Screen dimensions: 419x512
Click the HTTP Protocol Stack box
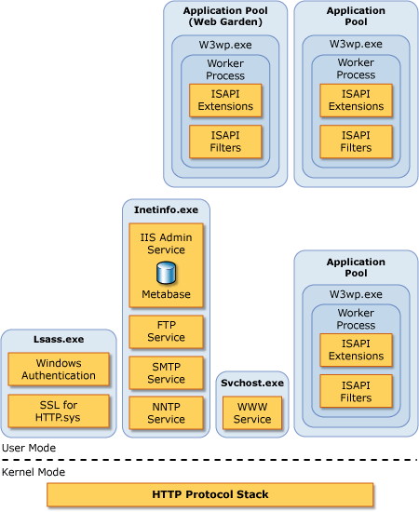click(x=210, y=494)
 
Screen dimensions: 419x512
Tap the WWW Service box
click(x=252, y=412)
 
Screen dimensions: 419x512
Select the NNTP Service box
click(x=166, y=412)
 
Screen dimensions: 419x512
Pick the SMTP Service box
click(x=166, y=373)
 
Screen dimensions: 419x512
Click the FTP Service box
click(x=166, y=331)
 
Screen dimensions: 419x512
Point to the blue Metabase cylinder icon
click(x=167, y=272)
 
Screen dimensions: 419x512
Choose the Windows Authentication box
click(x=59, y=369)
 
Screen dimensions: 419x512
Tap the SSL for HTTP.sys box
click(x=59, y=411)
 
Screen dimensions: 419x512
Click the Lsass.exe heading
click(x=59, y=339)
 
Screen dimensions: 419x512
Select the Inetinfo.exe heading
click(x=166, y=209)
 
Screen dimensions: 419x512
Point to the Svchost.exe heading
click(x=252, y=383)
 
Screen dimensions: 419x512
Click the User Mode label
click(x=29, y=448)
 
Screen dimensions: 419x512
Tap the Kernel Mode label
click(x=34, y=472)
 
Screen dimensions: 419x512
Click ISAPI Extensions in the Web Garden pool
click(x=225, y=101)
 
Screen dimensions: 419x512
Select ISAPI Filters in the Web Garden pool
click(x=225, y=141)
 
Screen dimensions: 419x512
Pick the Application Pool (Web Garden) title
click(x=225, y=16)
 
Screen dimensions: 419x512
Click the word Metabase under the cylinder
click(x=166, y=294)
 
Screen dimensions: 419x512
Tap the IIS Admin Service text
click(x=166, y=244)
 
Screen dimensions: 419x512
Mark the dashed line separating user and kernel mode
click(x=209, y=460)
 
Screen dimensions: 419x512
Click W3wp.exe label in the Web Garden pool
click(x=225, y=45)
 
